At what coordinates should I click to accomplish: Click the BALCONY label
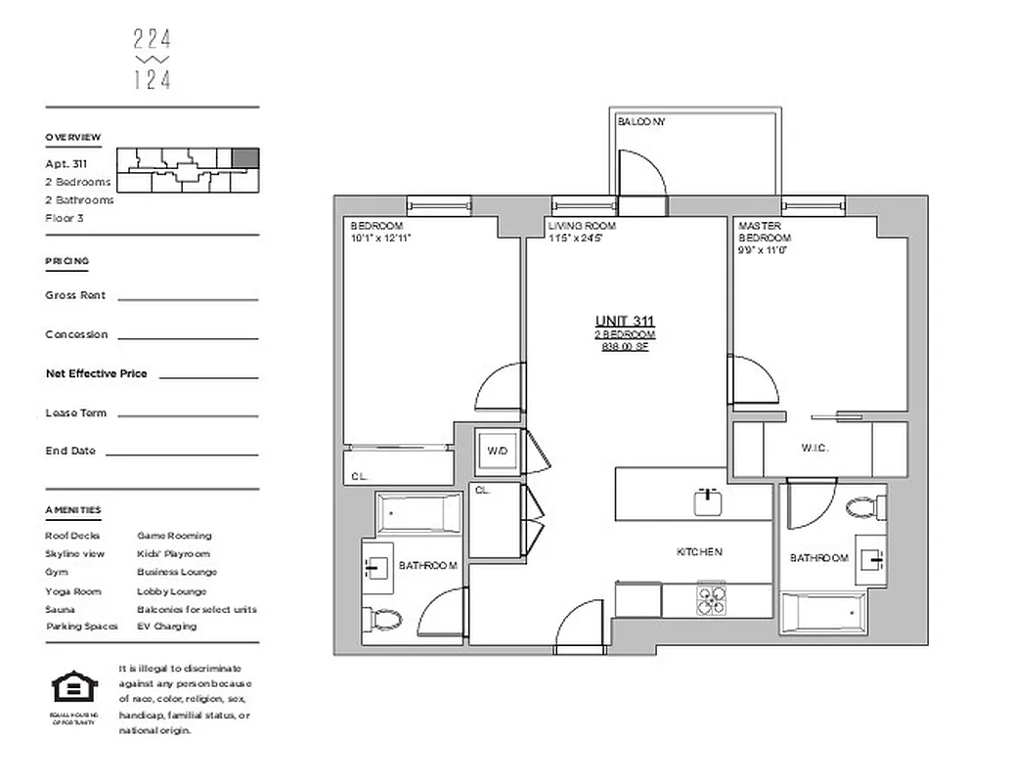click(641, 122)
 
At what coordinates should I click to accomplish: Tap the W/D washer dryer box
click(497, 451)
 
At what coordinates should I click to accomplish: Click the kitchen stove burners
click(712, 598)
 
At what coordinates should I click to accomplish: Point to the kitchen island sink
click(709, 502)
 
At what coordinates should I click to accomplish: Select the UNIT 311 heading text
click(625, 322)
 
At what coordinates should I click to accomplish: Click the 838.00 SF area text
click(625, 346)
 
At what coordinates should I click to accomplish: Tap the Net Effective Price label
click(96, 373)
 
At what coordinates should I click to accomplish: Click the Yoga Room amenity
click(72, 591)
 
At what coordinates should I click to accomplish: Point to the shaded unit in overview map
click(245, 157)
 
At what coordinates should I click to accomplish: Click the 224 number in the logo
click(152, 39)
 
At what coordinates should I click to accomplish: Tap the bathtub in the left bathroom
click(418, 513)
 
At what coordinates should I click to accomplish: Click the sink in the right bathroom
click(869, 559)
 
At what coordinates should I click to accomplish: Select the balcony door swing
click(643, 172)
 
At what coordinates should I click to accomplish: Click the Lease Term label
click(75, 413)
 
